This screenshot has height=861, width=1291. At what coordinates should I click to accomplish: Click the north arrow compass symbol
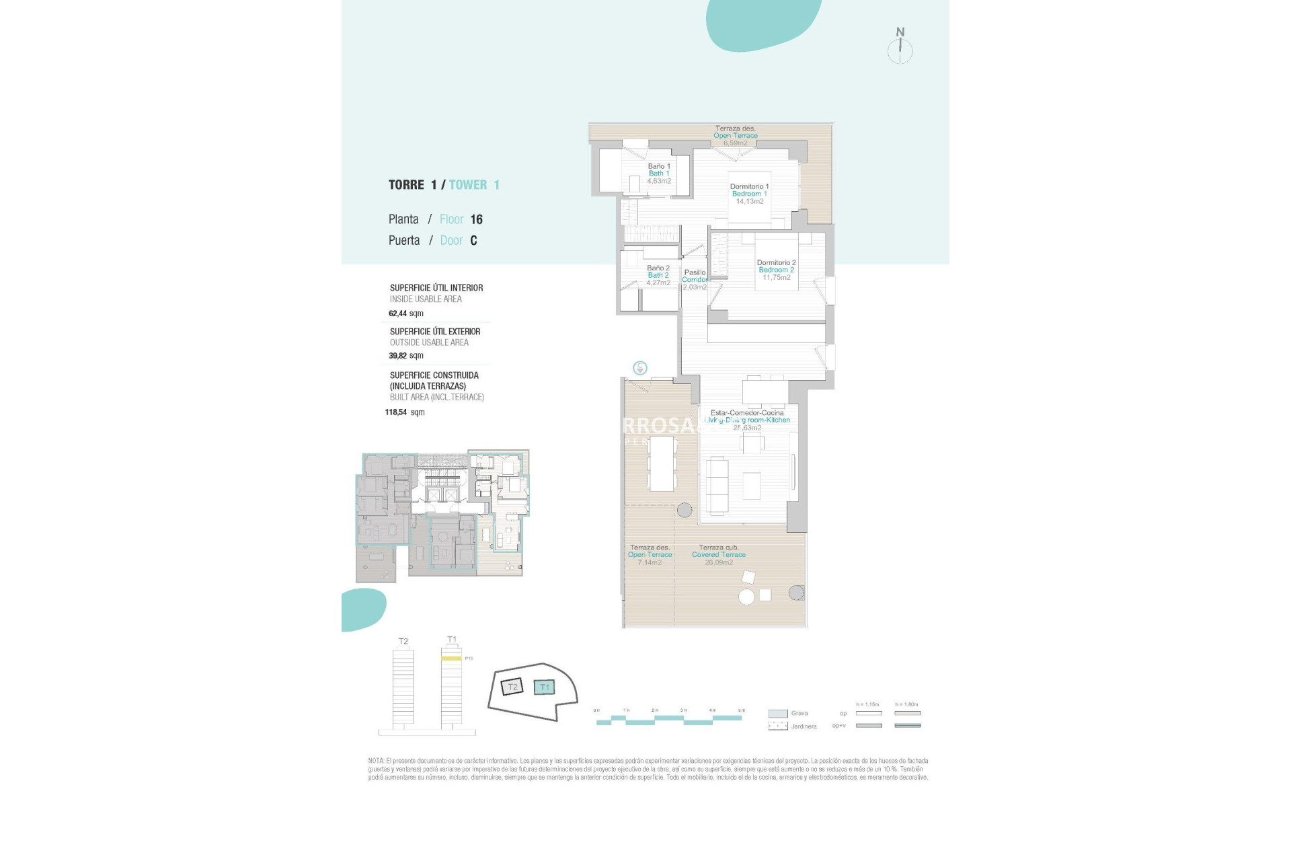[x=900, y=49]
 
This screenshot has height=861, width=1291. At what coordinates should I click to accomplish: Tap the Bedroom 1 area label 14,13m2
[x=750, y=201]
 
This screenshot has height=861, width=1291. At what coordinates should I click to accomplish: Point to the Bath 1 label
[x=659, y=173]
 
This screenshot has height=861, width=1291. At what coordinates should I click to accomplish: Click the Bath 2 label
[x=658, y=275]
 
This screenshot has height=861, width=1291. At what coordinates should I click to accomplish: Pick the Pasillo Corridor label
[x=695, y=276]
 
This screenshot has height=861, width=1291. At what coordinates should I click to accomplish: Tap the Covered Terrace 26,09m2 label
[x=719, y=555]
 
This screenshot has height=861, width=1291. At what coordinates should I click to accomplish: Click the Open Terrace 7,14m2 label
[x=650, y=555]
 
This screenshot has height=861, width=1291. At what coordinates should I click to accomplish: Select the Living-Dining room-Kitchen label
[x=747, y=420]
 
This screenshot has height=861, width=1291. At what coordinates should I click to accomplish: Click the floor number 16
[x=476, y=219]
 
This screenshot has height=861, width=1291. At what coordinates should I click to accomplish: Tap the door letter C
[x=473, y=240]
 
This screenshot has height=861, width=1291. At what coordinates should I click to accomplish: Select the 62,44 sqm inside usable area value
[x=406, y=313]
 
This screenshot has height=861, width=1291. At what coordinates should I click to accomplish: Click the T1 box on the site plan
[x=545, y=687]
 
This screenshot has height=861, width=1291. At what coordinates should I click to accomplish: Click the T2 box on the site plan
[x=512, y=687]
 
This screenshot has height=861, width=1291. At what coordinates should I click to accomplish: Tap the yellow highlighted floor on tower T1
[x=451, y=659]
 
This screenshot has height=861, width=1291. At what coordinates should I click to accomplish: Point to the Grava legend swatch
[x=778, y=714]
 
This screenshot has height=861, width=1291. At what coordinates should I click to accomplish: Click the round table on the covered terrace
[x=746, y=596]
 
